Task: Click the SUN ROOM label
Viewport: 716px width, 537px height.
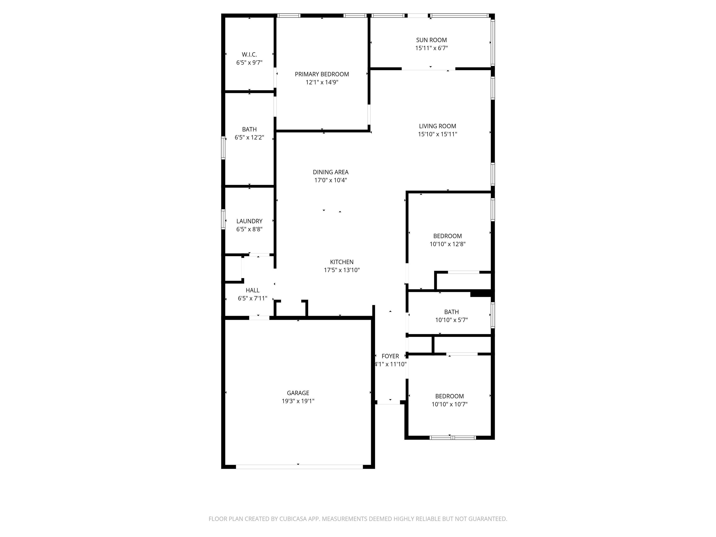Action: [x=431, y=40]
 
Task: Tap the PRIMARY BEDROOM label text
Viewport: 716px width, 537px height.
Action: [x=322, y=74]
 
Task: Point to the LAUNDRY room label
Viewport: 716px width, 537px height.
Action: [x=249, y=221]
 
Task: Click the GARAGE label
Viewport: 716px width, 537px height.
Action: [x=298, y=393]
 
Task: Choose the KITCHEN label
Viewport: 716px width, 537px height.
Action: [x=342, y=262]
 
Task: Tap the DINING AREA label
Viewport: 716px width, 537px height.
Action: [x=330, y=172]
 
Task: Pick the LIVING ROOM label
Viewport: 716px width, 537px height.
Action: [x=437, y=126]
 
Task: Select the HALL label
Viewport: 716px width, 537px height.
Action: [x=252, y=290]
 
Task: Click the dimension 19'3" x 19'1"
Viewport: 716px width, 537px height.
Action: [x=298, y=401]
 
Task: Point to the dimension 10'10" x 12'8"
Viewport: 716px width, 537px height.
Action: [x=447, y=244]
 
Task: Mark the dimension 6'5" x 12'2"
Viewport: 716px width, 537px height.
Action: [x=249, y=138]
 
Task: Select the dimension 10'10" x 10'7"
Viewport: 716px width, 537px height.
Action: [x=449, y=404]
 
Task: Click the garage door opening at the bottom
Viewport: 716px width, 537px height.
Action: [x=299, y=467]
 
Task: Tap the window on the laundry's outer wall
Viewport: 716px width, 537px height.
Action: [x=223, y=220]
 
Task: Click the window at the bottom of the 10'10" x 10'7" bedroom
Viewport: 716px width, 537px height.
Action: [x=453, y=438]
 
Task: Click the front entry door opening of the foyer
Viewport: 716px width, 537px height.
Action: [x=389, y=402]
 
